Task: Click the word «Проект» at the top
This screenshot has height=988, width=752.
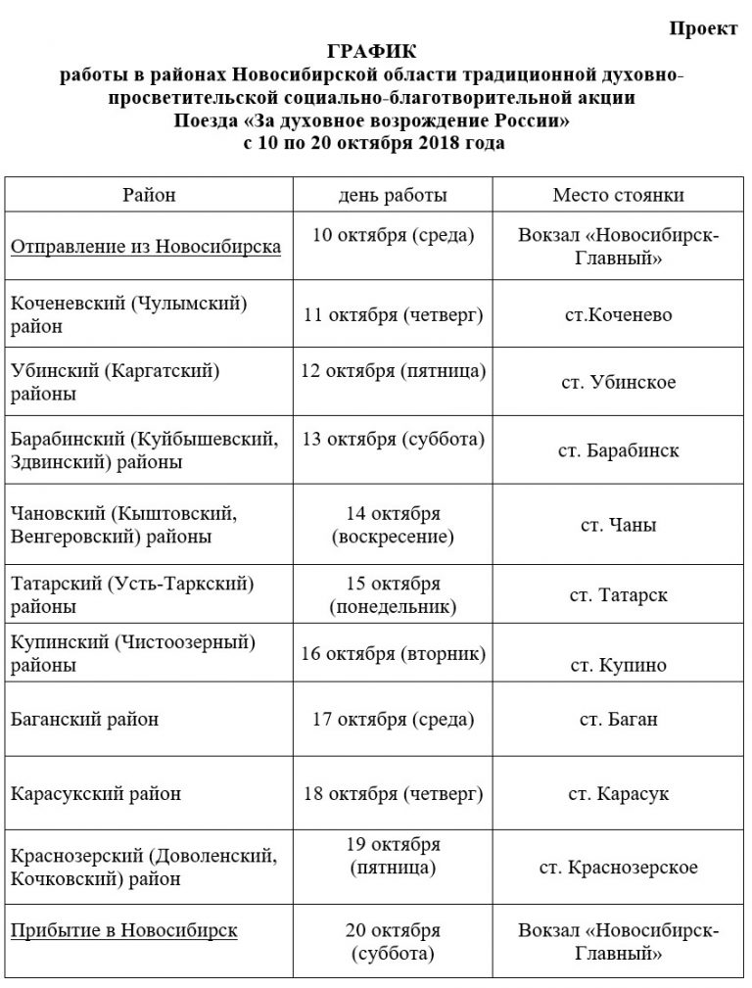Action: (704, 28)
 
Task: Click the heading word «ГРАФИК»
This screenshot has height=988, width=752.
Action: (377, 51)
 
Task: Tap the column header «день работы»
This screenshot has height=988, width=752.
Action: (393, 195)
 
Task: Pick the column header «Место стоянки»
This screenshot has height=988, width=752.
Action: (618, 195)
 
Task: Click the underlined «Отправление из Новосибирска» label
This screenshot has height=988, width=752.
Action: (146, 246)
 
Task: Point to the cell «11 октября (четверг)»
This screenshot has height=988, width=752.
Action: (393, 315)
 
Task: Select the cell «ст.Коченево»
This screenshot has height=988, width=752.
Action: (618, 315)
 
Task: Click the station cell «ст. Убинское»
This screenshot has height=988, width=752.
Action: (618, 382)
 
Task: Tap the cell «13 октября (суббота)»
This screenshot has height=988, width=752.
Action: (393, 439)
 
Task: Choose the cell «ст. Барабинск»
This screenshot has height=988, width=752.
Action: (618, 451)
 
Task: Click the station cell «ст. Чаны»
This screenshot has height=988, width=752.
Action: (618, 525)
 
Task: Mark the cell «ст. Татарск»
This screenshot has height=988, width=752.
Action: (618, 595)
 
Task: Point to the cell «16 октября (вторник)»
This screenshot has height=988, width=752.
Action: (393, 653)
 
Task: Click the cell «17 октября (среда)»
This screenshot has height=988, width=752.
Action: (393, 720)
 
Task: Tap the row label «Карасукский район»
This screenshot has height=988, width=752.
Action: (95, 793)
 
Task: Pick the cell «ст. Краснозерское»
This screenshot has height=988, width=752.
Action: (618, 868)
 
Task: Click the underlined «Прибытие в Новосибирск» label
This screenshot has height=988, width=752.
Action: (123, 930)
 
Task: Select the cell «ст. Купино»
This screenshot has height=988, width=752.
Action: (618, 666)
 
